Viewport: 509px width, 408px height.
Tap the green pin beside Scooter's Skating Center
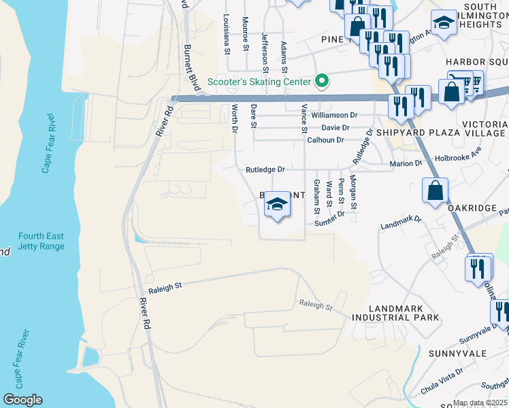pyautogui.click(x=322, y=82)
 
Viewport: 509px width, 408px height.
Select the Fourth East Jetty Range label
pyautogui.click(x=42, y=241)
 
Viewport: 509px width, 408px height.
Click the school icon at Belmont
pyautogui.click(x=277, y=205)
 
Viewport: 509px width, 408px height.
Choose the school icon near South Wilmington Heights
pyautogui.click(x=444, y=25)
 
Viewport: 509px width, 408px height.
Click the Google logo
pyautogui.click(x=22, y=400)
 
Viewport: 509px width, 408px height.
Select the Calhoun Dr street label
pyautogui.click(x=325, y=140)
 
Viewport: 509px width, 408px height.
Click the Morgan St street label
pyautogui.click(x=353, y=192)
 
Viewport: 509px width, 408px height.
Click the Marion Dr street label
pyautogui.click(x=406, y=163)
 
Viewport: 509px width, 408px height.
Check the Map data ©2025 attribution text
pyautogui.click(x=480, y=403)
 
